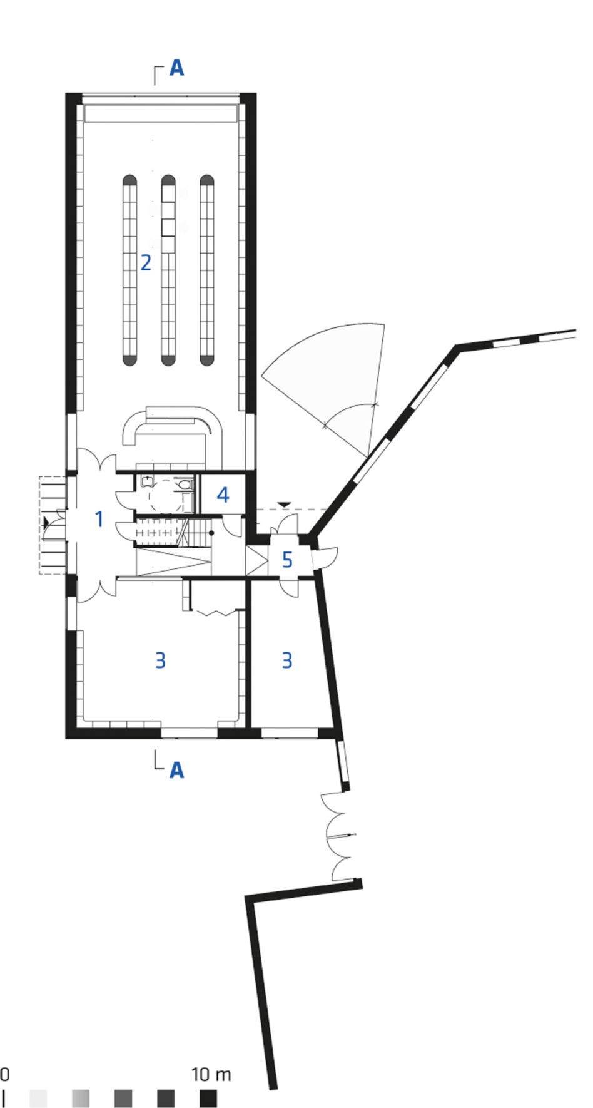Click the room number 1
click(98, 519)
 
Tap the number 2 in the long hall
click(146, 262)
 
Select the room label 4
click(223, 495)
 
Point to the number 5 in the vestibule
click(287, 559)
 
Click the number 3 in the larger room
click(161, 660)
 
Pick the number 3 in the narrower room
click(287, 660)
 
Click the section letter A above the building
click(177, 68)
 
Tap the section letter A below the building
click(177, 770)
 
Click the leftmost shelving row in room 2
click(129, 270)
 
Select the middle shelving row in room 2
click(168, 270)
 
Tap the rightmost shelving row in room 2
click(207, 270)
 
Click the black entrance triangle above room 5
click(285, 504)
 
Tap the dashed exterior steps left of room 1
click(53, 525)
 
